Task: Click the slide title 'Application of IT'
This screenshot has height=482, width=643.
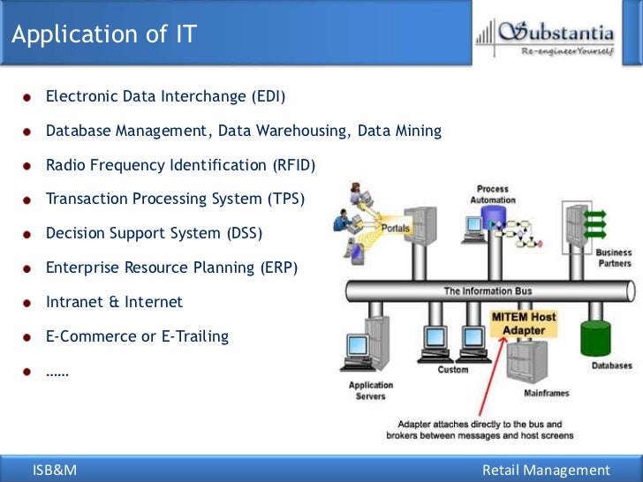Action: (x=104, y=35)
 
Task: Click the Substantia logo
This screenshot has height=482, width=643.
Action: (x=545, y=37)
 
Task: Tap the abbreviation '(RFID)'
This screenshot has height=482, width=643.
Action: (x=293, y=165)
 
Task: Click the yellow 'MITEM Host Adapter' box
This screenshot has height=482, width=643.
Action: (x=524, y=323)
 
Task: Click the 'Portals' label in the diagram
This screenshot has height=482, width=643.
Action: (x=395, y=228)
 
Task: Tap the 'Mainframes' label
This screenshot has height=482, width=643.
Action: (x=547, y=393)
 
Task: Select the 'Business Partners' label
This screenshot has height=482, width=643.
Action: (x=614, y=258)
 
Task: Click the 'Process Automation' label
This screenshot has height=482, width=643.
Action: (x=492, y=194)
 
